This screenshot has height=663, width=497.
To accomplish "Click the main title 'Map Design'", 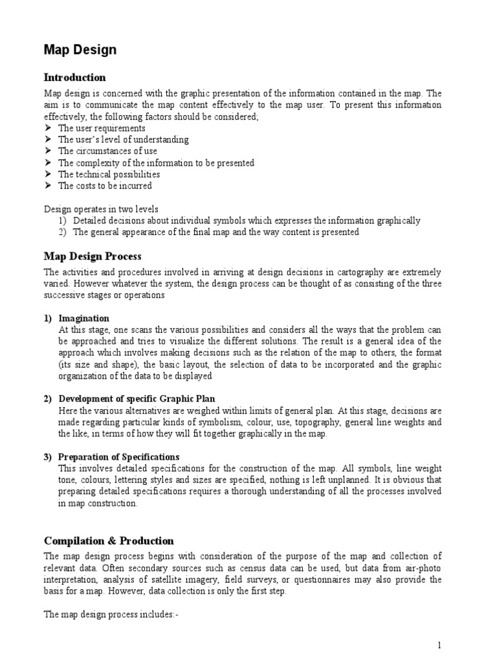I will tap(80, 50).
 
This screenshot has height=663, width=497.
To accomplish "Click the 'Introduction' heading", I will tap(74, 78).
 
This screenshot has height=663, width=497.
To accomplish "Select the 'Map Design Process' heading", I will tap(93, 256).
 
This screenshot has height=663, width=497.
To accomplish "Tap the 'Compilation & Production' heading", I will tap(109, 541).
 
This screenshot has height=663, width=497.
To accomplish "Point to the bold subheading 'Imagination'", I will tap(83, 319).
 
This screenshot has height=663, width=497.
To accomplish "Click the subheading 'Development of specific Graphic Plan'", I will tap(137, 398).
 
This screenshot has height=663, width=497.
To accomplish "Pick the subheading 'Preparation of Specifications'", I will tap(118, 457).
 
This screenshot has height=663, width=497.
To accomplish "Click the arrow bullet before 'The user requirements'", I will tap(48, 128).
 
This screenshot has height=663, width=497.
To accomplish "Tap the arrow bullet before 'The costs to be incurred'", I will tap(48, 186).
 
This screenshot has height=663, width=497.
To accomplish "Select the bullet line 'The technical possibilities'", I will tap(109, 174).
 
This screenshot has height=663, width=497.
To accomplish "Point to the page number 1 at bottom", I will tap(439, 645).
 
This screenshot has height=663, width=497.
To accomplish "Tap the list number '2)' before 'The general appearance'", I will tap(63, 232).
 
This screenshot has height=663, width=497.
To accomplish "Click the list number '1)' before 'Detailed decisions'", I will tap(63, 221).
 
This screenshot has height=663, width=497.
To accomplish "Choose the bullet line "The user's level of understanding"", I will tap(123, 139).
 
